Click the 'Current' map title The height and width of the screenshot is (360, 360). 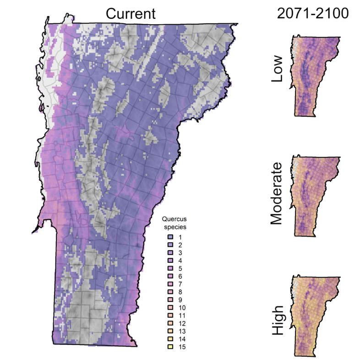(131, 13)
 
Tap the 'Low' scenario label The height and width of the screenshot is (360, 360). (278, 69)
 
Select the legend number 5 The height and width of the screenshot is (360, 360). (180, 268)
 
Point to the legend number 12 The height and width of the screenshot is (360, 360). (182, 323)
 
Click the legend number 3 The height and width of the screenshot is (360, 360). (180, 253)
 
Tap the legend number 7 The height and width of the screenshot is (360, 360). (180, 284)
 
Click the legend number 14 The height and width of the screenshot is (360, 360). (182, 339)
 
